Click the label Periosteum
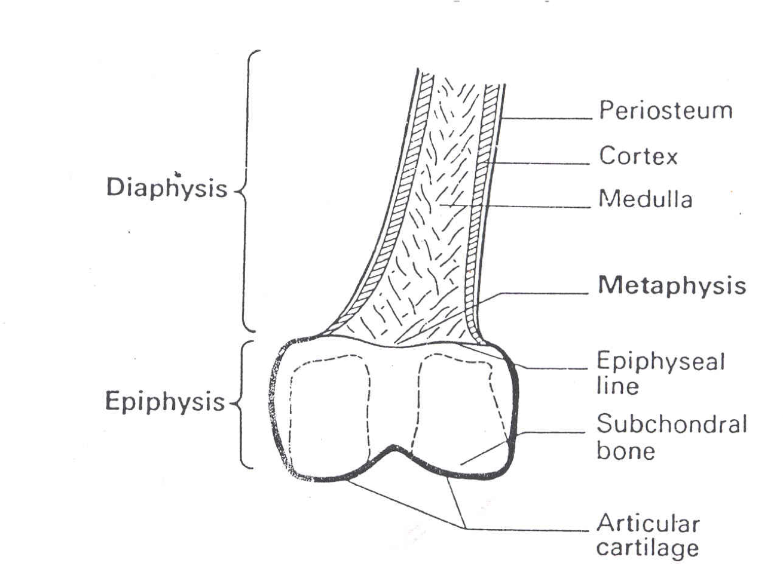pos(665,111)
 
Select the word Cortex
pos(638,156)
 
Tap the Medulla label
pos(646,199)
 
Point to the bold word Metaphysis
pos(672,286)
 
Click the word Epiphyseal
pos(660,362)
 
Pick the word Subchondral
pos(672,425)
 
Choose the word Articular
pos(648,524)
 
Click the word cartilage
pos(647,549)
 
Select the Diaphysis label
pos(167,188)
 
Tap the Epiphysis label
pos(165,401)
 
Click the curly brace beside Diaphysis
pos(246,191)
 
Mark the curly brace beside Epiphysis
pos(242,404)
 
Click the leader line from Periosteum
pos(547,118)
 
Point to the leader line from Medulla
pos(520,207)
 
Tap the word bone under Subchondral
pos(625,451)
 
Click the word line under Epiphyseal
pos(617,386)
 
